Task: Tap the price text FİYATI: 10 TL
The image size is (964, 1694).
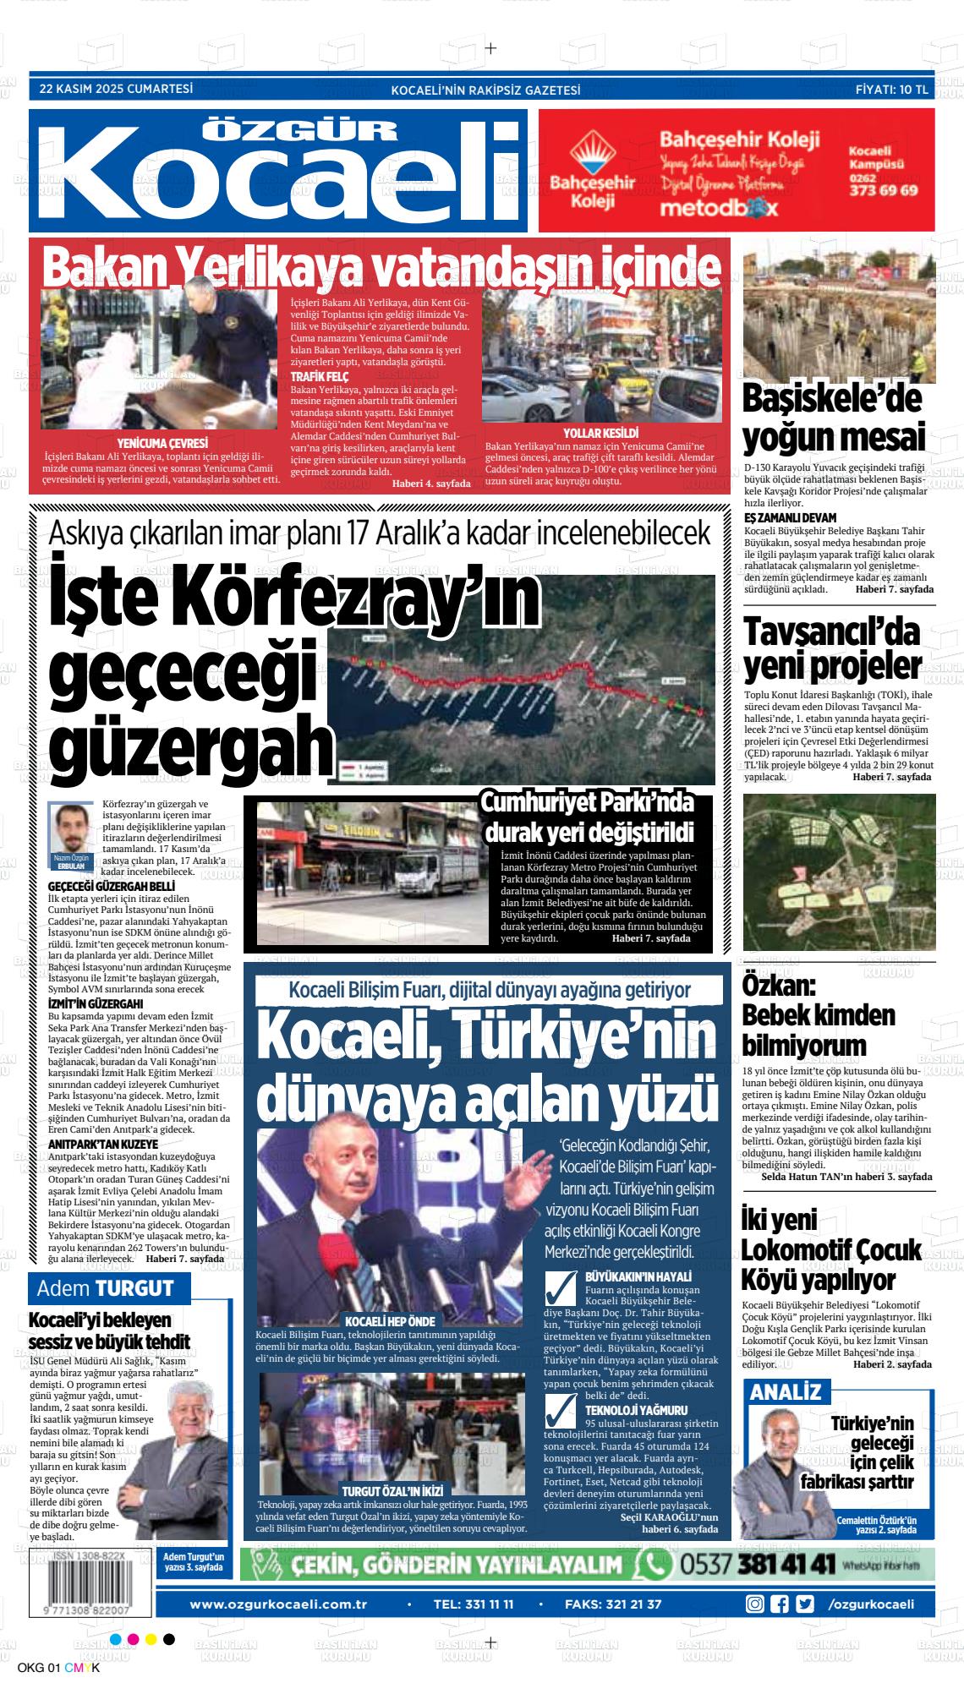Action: coord(891,90)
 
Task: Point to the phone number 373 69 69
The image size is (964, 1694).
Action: coord(882,190)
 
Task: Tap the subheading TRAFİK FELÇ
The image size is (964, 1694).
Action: coord(320,376)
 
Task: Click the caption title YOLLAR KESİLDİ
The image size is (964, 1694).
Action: coord(600,433)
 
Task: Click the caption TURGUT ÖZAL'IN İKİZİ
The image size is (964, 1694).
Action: coord(392,1490)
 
